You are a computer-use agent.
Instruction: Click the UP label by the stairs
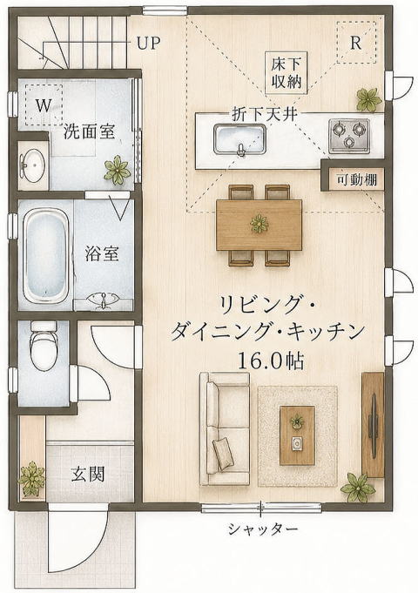(x=148, y=44)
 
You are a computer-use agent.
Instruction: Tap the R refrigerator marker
(x=356, y=43)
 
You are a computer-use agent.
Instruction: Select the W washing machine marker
(x=44, y=105)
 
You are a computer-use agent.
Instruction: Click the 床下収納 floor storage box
(x=286, y=73)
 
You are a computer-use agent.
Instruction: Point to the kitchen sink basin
(x=239, y=139)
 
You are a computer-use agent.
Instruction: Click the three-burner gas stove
(x=349, y=136)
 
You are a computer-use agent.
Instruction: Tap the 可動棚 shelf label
(x=357, y=179)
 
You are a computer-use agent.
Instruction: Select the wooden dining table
(x=260, y=225)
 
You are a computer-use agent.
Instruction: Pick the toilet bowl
(x=44, y=345)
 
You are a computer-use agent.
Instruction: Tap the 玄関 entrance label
(x=88, y=474)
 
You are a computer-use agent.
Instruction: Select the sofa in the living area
(x=225, y=429)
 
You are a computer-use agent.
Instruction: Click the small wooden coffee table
(x=297, y=435)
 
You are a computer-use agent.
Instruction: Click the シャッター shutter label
(x=262, y=529)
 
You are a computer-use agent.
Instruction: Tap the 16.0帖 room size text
(x=270, y=361)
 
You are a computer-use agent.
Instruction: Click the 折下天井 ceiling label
(x=264, y=114)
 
